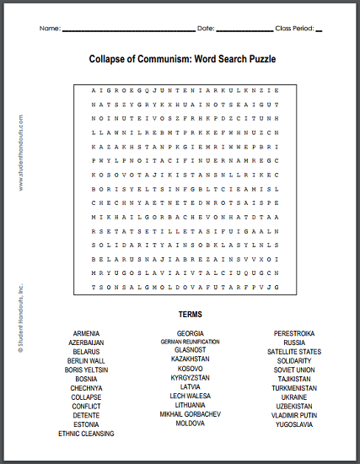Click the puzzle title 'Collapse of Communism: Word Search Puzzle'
[x=182, y=60]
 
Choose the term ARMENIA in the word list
[x=86, y=334]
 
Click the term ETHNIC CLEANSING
[x=86, y=434]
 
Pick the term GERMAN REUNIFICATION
[x=191, y=343]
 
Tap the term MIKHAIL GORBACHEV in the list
[x=191, y=415]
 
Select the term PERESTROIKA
[x=294, y=334]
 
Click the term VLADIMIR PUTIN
[x=294, y=415]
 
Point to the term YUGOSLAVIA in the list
[x=294, y=424]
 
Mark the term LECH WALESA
[x=191, y=397]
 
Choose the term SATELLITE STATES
[x=294, y=352]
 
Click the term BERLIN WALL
[x=86, y=360]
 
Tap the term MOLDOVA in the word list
[x=191, y=424]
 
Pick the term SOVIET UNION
[x=294, y=370]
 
